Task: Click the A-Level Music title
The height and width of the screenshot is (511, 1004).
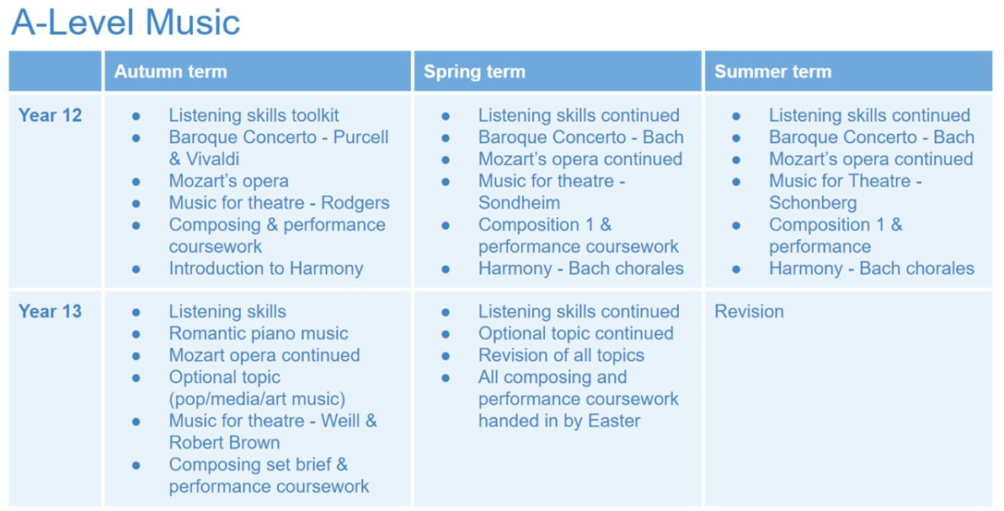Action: click(125, 23)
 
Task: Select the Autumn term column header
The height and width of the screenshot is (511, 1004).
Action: click(170, 71)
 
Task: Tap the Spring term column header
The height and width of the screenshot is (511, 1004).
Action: click(474, 71)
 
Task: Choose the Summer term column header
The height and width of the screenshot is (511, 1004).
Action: click(773, 71)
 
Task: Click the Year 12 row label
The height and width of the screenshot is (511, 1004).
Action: click(50, 115)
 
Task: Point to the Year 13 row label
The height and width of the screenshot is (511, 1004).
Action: click(50, 311)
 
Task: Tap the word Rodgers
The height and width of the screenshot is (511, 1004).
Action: click(355, 202)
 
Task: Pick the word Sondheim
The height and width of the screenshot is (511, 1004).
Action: click(520, 202)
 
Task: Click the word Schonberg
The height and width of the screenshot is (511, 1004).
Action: click(813, 202)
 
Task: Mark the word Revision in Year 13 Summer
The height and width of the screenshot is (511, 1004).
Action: click(749, 311)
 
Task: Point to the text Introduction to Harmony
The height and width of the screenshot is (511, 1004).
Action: click(265, 269)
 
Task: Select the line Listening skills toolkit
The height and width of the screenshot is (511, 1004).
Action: click(254, 115)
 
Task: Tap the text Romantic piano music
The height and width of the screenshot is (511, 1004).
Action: click(259, 333)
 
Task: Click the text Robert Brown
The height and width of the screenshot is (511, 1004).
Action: click(224, 443)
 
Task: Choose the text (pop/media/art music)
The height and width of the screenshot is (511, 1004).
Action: click(257, 399)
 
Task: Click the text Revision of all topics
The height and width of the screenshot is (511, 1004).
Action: click(561, 355)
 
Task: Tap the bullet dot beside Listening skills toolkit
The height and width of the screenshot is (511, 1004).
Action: click(136, 116)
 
